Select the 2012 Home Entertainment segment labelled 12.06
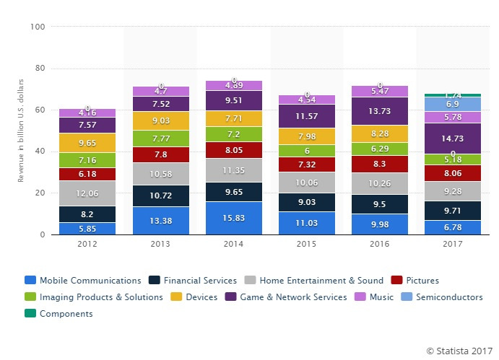(87, 193)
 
